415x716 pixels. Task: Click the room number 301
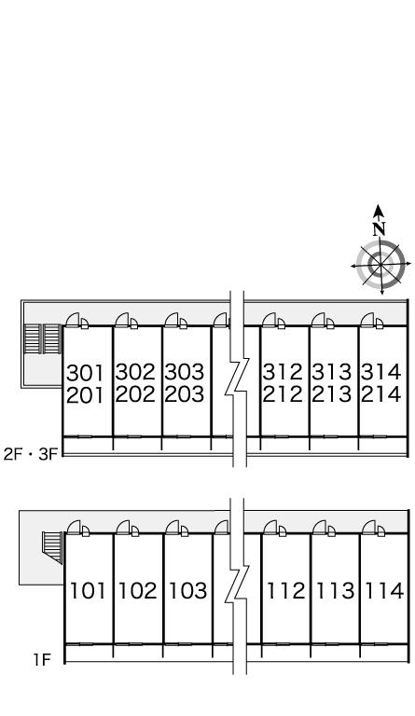[86, 373]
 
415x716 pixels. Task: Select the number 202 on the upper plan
[135, 394]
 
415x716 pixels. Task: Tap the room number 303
[184, 372]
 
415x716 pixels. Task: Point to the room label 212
[283, 394]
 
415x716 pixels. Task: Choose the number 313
[332, 372]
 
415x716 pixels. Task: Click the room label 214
[381, 394]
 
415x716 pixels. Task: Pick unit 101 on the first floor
[88, 590]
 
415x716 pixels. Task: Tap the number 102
[137, 590]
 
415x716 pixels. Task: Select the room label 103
[187, 590]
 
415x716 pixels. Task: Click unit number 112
[285, 590]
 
